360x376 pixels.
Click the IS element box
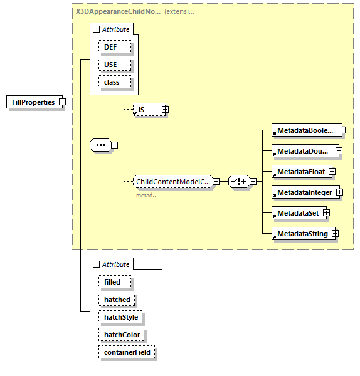pos(147,110)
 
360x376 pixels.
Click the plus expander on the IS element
pos(165,110)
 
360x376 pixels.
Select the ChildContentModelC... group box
pos(172,182)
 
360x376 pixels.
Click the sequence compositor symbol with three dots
pos(100,145)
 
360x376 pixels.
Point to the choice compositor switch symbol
pos(238,182)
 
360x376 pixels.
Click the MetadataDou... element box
pos(303,151)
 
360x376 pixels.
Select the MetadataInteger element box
pos(304,192)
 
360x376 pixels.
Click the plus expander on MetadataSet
pos(326,213)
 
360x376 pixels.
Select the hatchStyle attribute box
pos(120,317)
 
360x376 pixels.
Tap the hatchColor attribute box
pos(121,335)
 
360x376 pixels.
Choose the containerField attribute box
pos(126,352)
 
